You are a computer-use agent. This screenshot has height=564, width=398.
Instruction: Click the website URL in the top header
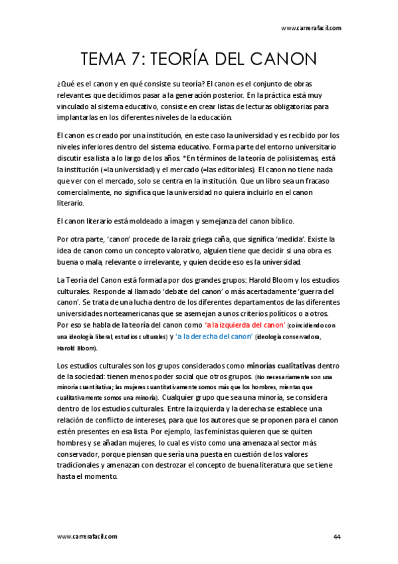click(x=312, y=28)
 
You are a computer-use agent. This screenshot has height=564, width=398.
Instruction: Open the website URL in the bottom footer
click(x=87, y=536)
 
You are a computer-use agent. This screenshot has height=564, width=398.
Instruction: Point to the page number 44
click(x=337, y=536)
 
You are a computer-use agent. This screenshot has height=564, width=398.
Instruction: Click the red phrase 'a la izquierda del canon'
click(x=245, y=325)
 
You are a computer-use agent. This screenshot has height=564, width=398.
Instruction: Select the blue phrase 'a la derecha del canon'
click(x=211, y=337)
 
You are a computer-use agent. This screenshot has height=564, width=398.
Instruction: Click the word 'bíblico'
click(x=291, y=221)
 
